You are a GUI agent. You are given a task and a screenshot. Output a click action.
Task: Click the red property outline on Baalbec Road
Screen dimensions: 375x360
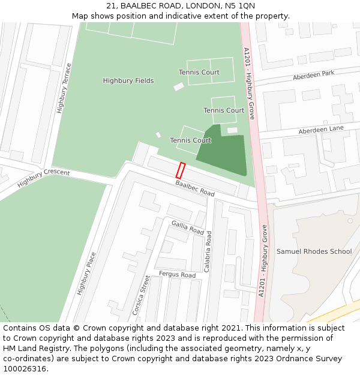[x=181, y=170]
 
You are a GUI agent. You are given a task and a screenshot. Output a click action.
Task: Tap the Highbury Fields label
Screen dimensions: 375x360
[x=128, y=81]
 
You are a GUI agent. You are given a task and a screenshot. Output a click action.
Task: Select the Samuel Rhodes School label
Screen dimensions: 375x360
[x=314, y=251]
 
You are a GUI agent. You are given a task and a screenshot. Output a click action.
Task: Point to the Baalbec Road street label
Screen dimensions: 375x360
[x=195, y=188]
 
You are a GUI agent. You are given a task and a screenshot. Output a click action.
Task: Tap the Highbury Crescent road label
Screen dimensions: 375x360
[x=44, y=178]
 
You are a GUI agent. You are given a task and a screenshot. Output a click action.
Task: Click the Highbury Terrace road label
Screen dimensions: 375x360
[x=64, y=88]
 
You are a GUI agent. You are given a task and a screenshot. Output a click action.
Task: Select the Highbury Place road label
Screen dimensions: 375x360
[x=86, y=273]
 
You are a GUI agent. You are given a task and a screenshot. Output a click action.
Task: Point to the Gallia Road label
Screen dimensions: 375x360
[x=188, y=227]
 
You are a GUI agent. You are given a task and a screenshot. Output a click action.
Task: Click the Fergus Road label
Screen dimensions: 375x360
[x=177, y=275]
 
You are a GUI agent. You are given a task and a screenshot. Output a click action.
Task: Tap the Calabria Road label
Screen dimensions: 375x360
[x=208, y=252]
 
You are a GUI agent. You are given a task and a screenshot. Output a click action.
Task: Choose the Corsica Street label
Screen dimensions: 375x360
[x=141, y=295]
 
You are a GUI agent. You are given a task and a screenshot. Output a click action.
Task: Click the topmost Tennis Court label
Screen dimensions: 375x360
[x=199, y=73]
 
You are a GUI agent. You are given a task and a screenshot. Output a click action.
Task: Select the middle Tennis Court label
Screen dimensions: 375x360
[x=224, y=110]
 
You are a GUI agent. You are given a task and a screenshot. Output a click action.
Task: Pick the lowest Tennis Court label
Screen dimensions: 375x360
[x=190, y=140]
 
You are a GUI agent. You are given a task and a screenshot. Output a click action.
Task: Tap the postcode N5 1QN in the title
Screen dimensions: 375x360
[x=239, y=5]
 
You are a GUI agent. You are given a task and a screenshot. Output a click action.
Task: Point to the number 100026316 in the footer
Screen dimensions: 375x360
[x=23, y=369]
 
